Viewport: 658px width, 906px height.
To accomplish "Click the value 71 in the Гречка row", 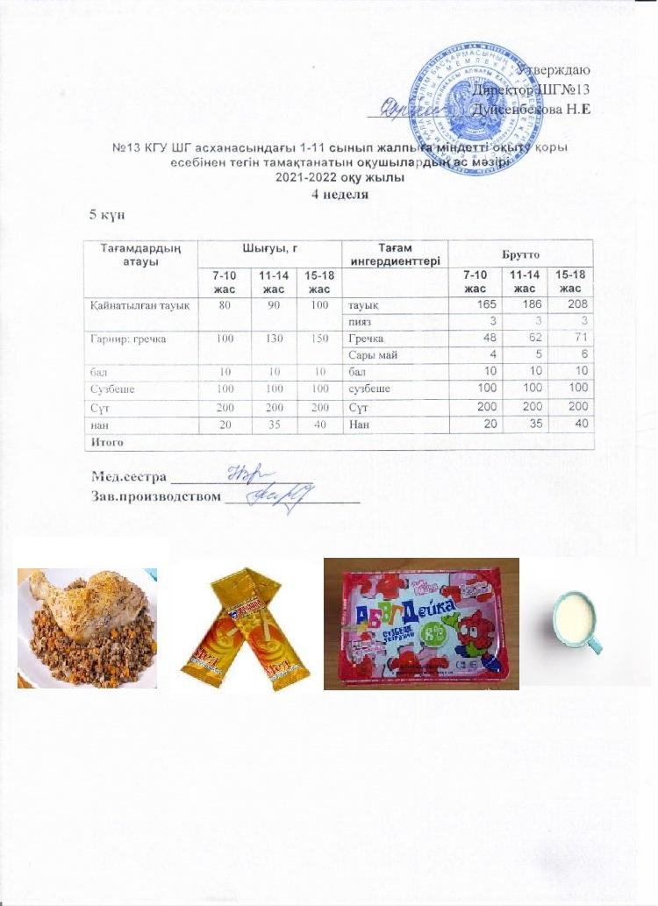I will tap(577, 338).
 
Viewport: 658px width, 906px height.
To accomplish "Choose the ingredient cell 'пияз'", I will tap(362, 321).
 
